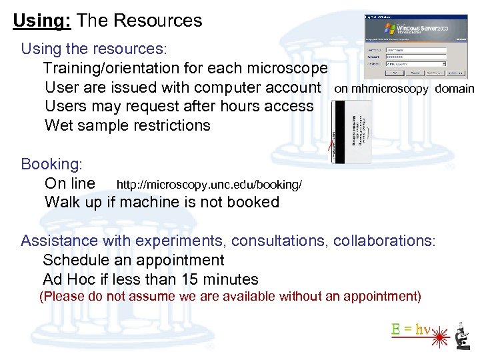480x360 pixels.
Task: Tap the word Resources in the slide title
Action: click(158, 21)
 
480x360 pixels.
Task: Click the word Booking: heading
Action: click(51, 164)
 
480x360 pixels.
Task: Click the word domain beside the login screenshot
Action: click(455, 89)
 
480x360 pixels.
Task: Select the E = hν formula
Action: click(411, 329)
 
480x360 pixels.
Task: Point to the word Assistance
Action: click(59, 241)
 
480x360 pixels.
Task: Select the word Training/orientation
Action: click(110, 68)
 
